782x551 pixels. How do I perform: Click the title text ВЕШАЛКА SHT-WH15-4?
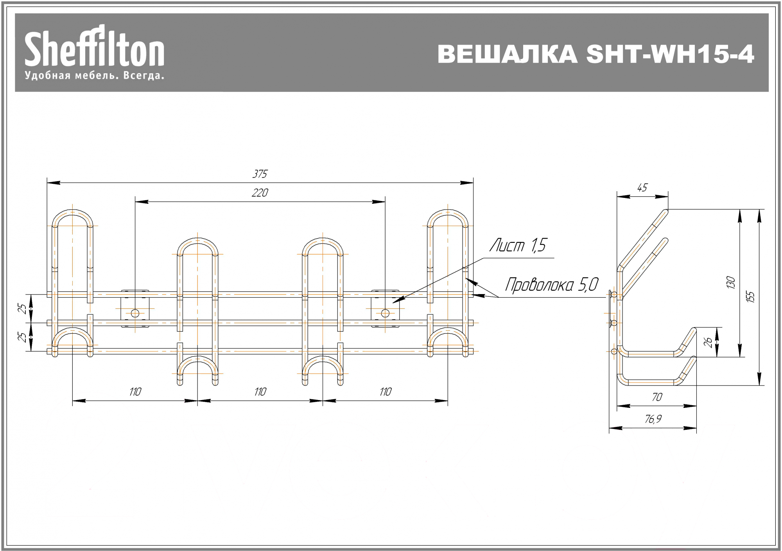point(595,54)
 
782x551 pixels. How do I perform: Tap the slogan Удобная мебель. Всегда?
point(94,75)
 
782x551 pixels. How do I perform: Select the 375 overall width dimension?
point(260,174)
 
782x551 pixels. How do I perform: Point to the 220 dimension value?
point(260,193)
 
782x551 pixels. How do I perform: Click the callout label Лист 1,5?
point(518,246)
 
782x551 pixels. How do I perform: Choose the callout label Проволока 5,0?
point(552,285)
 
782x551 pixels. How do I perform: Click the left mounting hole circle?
point(135,313)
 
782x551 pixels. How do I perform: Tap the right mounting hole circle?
point(385,313)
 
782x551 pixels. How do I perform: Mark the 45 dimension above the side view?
point(642,188)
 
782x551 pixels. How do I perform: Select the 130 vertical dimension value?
point(731,282)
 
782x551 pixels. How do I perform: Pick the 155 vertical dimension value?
point(750,297)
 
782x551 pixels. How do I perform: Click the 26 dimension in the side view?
point(708,342)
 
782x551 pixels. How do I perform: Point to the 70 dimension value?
point(657,397)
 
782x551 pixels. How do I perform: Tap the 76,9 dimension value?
point(653,419)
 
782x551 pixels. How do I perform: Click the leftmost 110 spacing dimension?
point(135,392)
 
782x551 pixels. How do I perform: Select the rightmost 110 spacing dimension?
point(386,392)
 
